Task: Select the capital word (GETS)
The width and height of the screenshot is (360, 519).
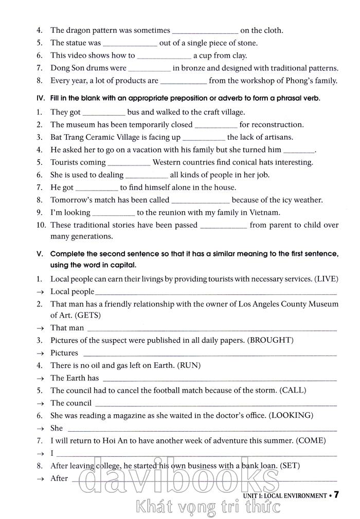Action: [87, 315]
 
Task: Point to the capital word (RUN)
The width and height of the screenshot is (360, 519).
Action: [189, 365]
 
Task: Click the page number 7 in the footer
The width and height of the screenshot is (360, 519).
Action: [336, 495]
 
